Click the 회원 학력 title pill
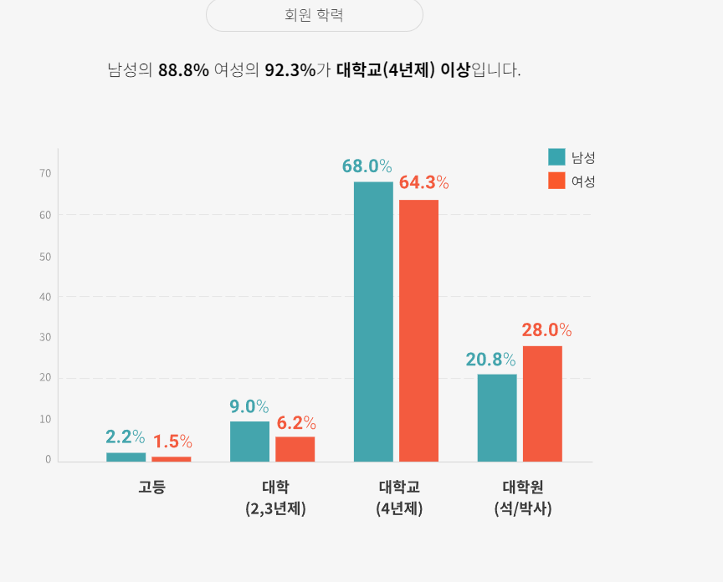[314, 15]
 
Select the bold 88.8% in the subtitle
[183, 70]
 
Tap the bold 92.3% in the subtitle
[290, 70]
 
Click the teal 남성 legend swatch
[556, 157]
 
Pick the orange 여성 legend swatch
[556, 181]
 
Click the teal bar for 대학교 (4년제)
[373, 322]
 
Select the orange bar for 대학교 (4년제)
[418, 330]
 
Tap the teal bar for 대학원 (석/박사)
[497, 418]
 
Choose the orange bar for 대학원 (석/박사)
[542, 404]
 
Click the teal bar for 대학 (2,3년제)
[249, 442]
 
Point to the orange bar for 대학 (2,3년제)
[295, 449]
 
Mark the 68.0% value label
[367, 166]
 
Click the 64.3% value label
[423, 182]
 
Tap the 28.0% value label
[546, 329]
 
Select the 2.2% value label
[126, 436]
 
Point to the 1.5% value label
[172, 442]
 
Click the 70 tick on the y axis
[45, 174]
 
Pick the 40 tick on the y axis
[45, 297]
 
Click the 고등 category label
[151, 488]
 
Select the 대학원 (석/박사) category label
[523, 498]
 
